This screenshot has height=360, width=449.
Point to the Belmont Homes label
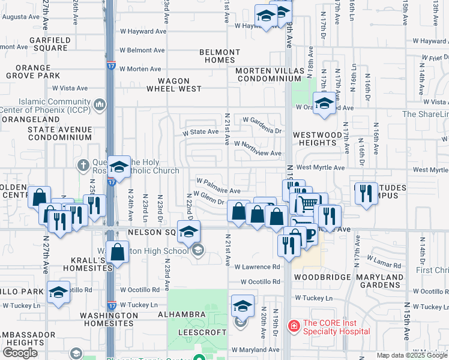pyautogui.click(x=220, y=56)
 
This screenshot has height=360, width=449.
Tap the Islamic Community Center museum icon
pyautogui.click(x=100, y=106)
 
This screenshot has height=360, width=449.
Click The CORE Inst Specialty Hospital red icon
pyautogui.click(x=294, y=326)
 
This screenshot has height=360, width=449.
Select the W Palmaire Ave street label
pyautogui.click(x=219, y=181)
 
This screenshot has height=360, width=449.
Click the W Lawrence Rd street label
pyautogui.click(x=257, y=266)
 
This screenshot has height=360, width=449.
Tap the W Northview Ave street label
pyautogui.click(x=258, y=153)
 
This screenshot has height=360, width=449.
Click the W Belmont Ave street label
pyautogui.click(x=142, y=50)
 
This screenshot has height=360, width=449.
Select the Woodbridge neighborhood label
pyautogui.click(x=318, y=278)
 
